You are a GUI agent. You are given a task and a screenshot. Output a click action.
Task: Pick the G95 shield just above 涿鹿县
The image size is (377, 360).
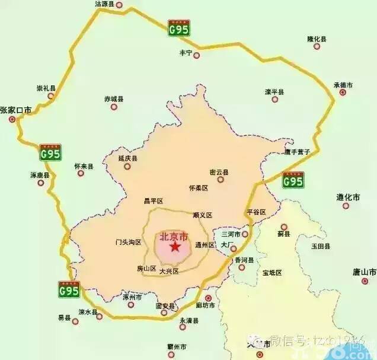pyautogui.click(x=51, y=154)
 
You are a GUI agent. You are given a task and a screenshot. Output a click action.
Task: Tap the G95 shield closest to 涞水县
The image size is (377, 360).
pyautogui.click(x=69, y=290)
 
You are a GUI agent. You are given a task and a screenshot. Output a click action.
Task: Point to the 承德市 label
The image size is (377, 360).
pyautogui.click(x=343, y=85)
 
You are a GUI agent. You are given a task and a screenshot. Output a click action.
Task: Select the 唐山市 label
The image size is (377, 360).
pyautogui.click(x=364, y=272)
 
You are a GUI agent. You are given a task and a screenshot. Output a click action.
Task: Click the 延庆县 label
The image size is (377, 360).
pyautogui.click(x=127, y=159)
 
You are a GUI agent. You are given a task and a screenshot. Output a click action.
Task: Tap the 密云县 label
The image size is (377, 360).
pyautogui.click(x=219, y=173)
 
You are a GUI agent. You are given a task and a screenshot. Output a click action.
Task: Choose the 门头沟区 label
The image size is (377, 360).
pyautogui.click(x=127, y=242)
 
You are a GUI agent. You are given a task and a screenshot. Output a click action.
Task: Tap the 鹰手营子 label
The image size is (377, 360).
pyautogui.click(x=297, y=152)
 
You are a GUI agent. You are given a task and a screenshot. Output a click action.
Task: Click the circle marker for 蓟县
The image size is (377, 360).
pyautogui.click(x=284, y=227)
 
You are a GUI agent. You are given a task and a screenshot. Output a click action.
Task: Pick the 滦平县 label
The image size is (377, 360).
pyautogui.click(x=274, y=92)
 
